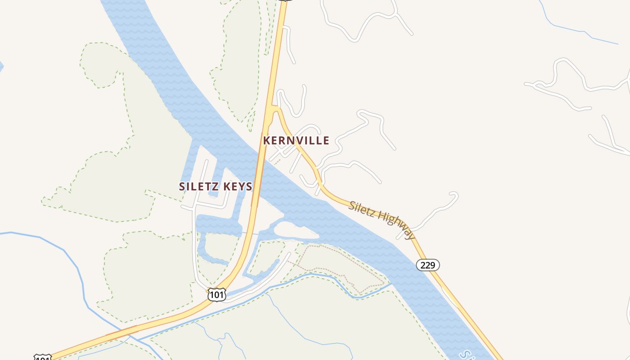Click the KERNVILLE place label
click(296, 140)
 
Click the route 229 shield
click(427, 265)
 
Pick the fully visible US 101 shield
click(216, 295)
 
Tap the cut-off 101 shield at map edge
click(42, 358)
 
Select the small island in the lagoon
click(295, 230)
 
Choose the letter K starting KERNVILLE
click(266, 140)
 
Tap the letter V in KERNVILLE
click(297, 140)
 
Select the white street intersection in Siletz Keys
click(194, 207)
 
